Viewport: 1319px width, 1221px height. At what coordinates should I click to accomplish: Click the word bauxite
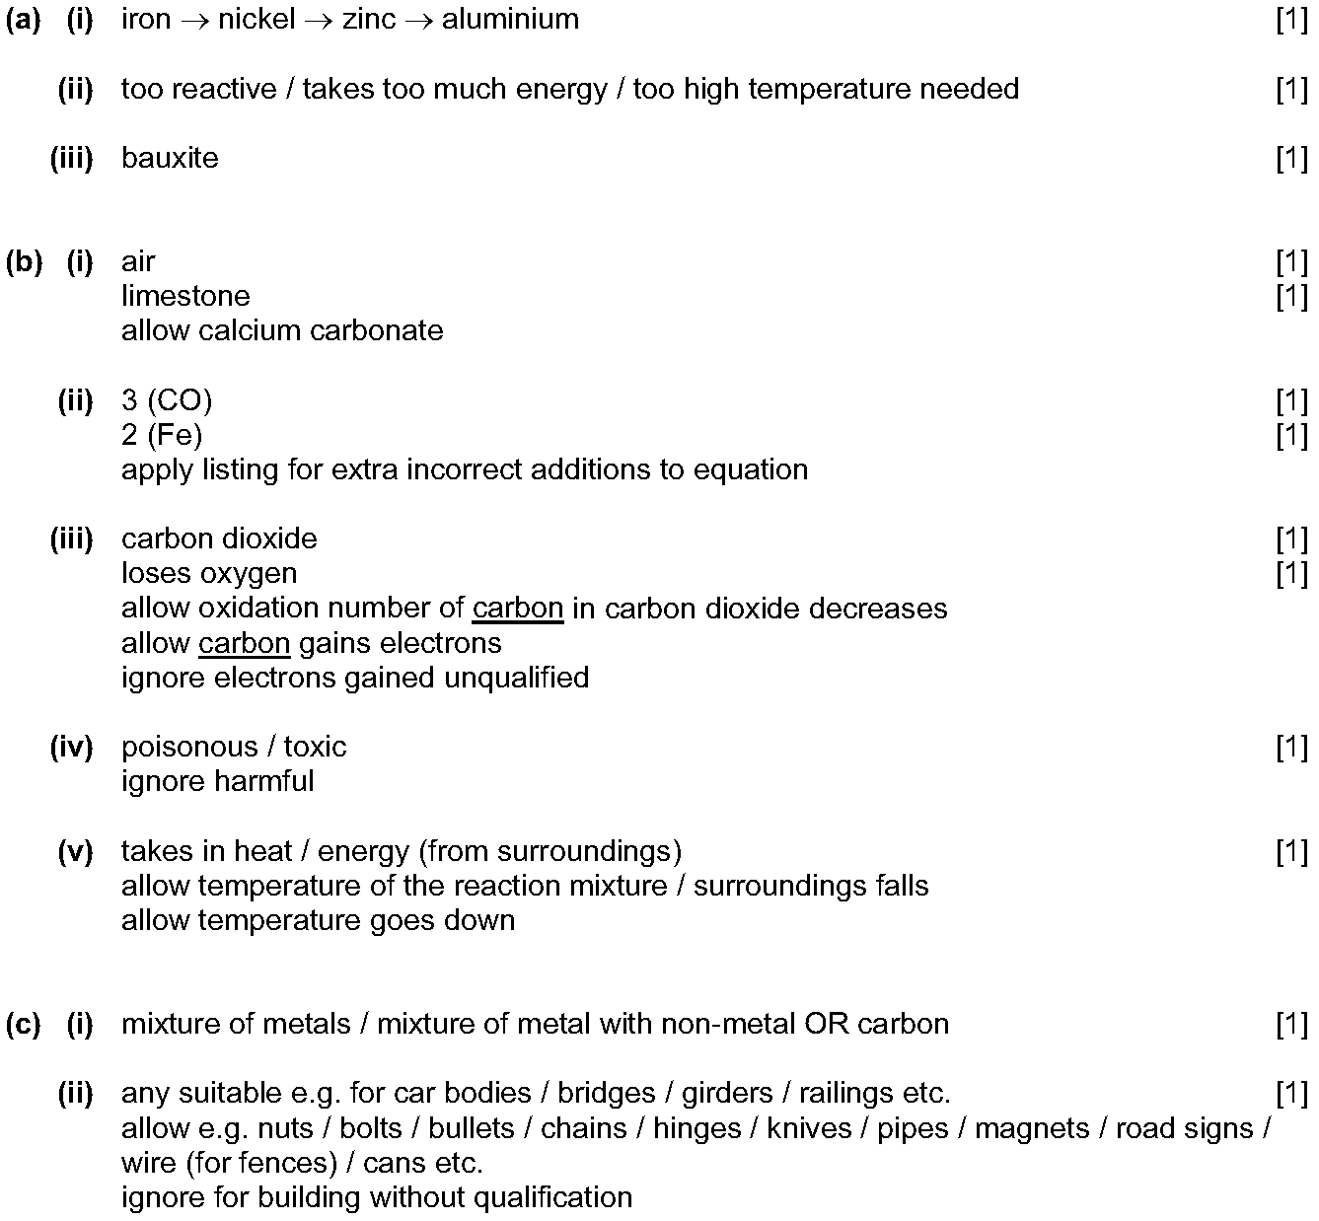(170, 158)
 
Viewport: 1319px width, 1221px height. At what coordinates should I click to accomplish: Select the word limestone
(185, 296)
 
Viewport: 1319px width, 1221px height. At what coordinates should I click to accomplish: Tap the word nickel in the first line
(256, 19)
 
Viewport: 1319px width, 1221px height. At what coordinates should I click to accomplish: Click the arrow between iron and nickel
(194, 20)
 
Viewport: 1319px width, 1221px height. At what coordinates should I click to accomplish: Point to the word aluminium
(510, 19)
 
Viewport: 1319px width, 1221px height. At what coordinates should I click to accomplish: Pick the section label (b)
(24, 261)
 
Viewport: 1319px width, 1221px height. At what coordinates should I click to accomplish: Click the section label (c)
(24, 1024)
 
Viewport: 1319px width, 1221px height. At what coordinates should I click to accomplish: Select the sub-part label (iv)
(72, 747)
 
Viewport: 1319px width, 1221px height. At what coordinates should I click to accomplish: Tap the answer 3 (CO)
(167, 400)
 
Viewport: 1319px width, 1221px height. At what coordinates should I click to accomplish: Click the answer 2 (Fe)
(162, 435)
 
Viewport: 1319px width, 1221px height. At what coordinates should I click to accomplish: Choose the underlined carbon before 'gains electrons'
(244, 643)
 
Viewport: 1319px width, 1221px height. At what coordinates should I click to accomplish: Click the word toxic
(315, 747)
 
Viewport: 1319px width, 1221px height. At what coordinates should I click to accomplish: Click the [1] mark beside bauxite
(1291, 158)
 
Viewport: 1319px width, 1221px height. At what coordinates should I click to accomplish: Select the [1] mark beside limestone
(1291, 296)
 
